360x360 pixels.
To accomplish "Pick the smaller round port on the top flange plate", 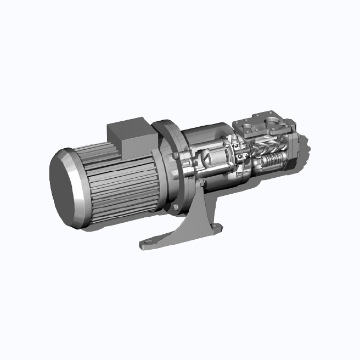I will coord(252,126).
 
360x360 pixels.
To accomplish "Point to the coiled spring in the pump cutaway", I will coord(273,161).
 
